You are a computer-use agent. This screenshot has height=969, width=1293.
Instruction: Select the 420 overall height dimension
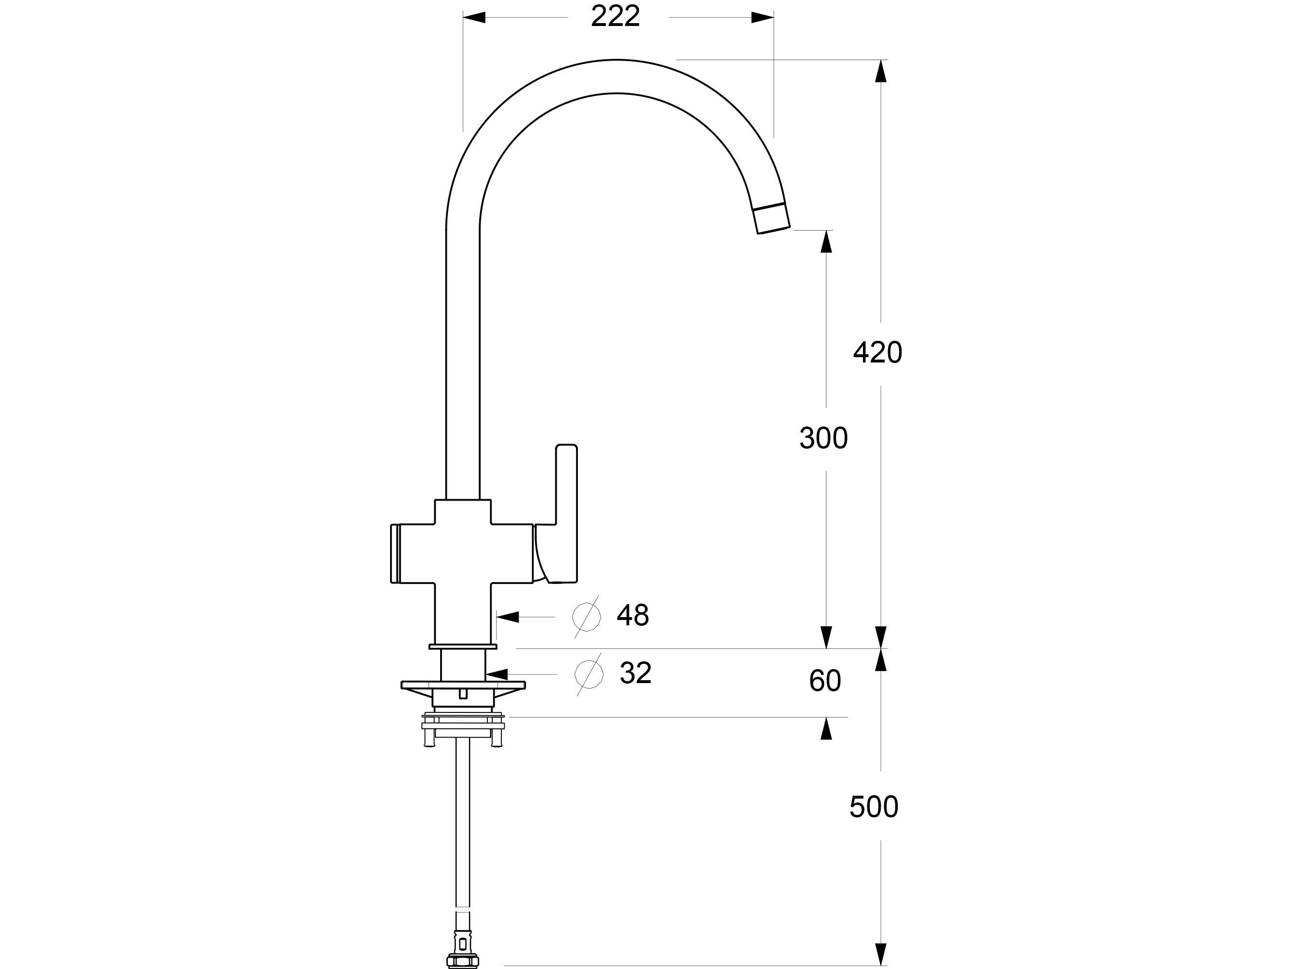coord(877,352)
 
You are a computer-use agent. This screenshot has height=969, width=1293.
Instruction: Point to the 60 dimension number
coord(824,680)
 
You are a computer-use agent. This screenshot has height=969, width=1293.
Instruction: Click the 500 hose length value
coord(873,806)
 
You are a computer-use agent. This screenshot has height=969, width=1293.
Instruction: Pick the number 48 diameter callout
coord(632,615)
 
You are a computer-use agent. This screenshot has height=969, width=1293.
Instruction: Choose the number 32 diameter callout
coord(635,672)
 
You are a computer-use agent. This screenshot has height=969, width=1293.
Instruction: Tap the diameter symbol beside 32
coord(588,674)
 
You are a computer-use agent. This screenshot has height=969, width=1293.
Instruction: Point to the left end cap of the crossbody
coord(395,554)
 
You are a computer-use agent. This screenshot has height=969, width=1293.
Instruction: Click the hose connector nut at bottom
coord(462,960)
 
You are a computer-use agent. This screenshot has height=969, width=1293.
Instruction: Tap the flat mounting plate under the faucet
coord(463,685)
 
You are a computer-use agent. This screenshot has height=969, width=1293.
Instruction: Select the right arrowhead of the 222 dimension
coord(763,17)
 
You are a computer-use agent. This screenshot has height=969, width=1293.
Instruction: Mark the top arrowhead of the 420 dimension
coord(881,71)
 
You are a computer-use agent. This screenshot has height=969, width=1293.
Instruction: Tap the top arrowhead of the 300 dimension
coord(826,241)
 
